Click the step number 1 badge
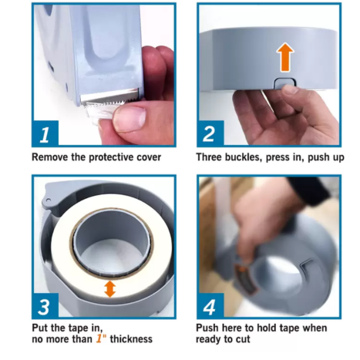[45, 133]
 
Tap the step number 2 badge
[210, 133]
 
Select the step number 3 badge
[45, 306]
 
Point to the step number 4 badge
[210, 306]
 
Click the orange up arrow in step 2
[285, 57]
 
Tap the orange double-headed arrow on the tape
[110, 289]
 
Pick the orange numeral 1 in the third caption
[99, 338]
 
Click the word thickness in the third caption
[131, 339]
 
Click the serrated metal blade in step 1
[109, 96]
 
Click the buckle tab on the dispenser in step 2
[284, 83]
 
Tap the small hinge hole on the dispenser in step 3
[48, 200]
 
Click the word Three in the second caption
[209, 157]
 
